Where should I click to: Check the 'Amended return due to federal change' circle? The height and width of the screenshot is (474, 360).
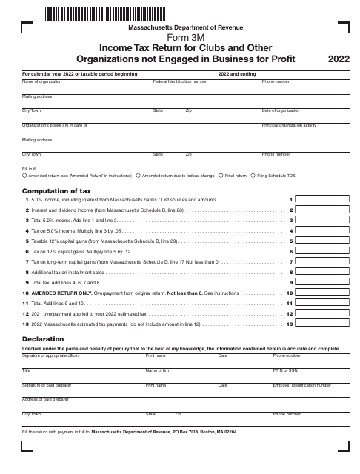coord(138,176)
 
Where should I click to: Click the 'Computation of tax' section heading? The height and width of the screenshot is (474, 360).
coord(56,190)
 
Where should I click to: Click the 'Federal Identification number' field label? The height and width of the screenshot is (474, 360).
coord(180,81)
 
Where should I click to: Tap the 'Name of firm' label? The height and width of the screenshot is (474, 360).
coord(159,370)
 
